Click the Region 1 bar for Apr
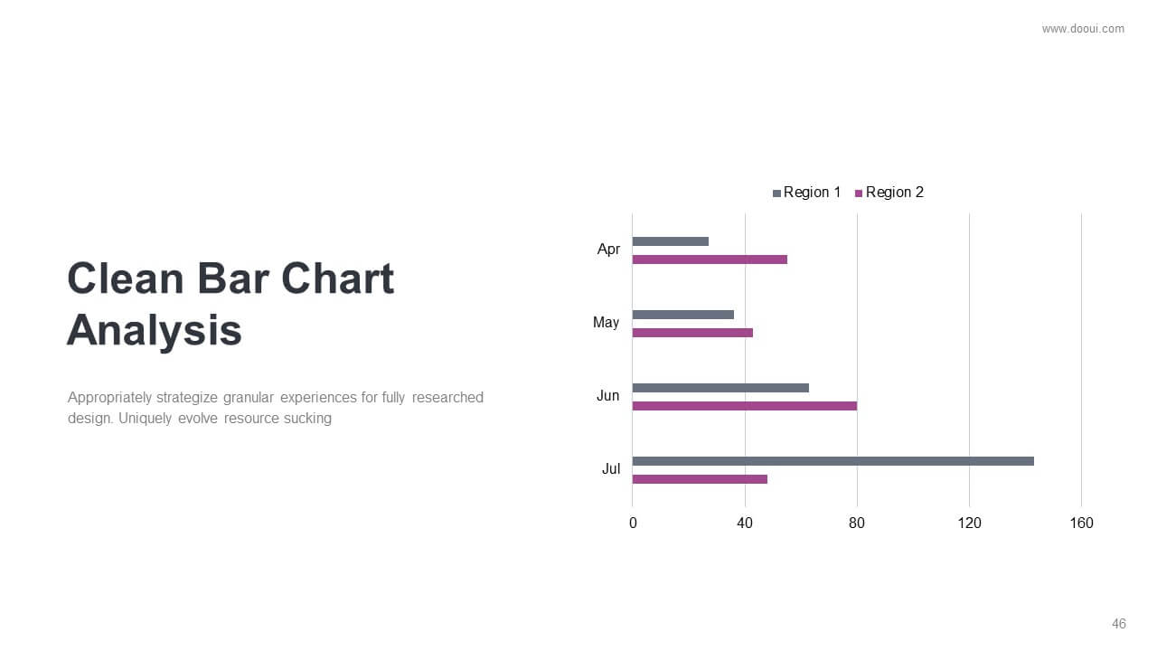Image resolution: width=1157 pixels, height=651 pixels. pyautogui.click(x=671, y=241)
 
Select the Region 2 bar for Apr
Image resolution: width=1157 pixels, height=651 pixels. pyautogui.click(x=710, y=259)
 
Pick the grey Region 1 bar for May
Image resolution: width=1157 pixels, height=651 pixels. pyautogui.click(x=683, y=315)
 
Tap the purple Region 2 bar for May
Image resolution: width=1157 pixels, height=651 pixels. pyautogui.click(x=692, y=333)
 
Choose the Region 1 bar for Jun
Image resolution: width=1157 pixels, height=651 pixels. pyautogui.click(x=720, y=388)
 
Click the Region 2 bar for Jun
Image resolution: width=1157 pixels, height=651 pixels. pyautogui.click(x=745, y=406)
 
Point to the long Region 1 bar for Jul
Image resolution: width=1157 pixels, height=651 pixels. pyautogui.click(x=833, y=461)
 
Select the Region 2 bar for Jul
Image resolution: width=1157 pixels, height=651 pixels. pyautogui.click(x=700, y=479)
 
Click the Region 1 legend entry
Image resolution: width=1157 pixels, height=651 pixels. pyautogui.click(x=807, y=193)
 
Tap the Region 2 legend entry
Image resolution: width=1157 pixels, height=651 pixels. pyautogui.click(x=889, y=193)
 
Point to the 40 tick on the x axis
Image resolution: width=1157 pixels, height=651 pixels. pyautogui.click(x=745, y=524)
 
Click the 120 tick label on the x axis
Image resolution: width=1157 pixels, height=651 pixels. pyautogui.click(x=970, y=524)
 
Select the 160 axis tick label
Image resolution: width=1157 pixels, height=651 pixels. pyautogui.click(x=1082, y=524)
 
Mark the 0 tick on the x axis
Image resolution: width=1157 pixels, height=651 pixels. pyautogui.click(x=633, y=524)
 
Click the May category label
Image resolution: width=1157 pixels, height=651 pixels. pyautogui.click(x=606, y=323)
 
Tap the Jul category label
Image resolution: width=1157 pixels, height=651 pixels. pyautogui.click(x=611, y=469)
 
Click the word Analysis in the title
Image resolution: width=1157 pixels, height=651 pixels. pyautogui.click(x=155, y=331)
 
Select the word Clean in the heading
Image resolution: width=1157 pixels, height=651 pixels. pyautogui.click(x=126, y=278)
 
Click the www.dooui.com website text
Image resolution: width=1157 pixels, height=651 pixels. pyautogui.click(x=1083, y=29)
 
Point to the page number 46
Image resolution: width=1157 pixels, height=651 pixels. pyautogui.click(x=1119, y=624)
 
